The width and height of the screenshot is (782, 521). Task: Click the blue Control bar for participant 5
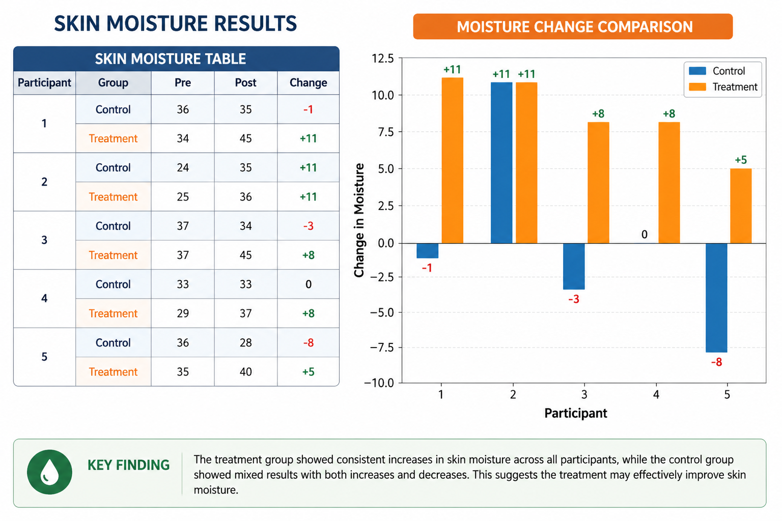point(716,298)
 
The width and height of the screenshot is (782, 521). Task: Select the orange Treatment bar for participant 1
point(453,160)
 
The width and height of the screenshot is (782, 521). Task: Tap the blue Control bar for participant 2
point(501,163)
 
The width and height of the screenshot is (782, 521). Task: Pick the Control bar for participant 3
point(574,266)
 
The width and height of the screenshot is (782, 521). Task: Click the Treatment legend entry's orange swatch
point(697,87)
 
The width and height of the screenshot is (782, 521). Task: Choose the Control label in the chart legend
point(729,71)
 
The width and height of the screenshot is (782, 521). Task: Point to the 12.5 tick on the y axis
point(383,59)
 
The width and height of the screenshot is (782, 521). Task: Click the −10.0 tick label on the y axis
point(379,383)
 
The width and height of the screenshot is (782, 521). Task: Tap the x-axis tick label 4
point(656,395)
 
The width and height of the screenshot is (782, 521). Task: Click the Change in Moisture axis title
point(359,220)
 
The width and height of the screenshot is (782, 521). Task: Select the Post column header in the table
point(246,83)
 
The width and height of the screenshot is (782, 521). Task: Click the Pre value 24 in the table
point(183,167)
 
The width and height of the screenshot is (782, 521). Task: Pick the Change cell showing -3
point(308,226)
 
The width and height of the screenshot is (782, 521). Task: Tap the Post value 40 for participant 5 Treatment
point(246,371)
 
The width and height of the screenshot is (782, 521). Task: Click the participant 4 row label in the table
point(44,298)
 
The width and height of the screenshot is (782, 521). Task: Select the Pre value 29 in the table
point(183,313)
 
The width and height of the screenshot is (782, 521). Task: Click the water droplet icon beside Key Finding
point(49,472)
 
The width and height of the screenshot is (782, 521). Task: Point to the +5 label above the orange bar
point(741,160)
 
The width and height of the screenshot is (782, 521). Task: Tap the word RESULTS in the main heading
point(256,24)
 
